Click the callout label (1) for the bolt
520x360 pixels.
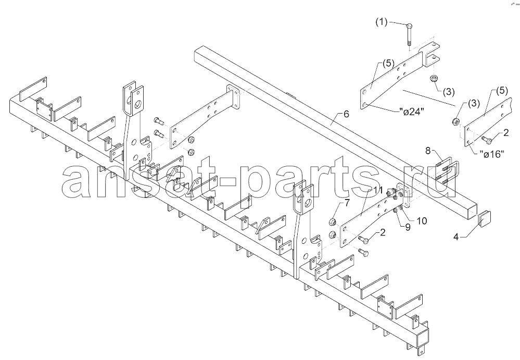tap(381, 22)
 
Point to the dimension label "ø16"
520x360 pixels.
tap(492, 154)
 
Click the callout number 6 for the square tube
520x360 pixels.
tap(346, 114)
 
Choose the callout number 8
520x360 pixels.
tap(428, 151)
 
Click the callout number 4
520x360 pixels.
tap(456, 237)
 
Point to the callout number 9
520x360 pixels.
tap(407, 227)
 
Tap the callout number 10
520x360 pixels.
tap(422, 221)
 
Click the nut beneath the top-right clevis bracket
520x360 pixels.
tap(433, 78)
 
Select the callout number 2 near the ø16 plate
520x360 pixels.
tap(506, 133)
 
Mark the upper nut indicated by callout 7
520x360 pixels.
tap(333, 221)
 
